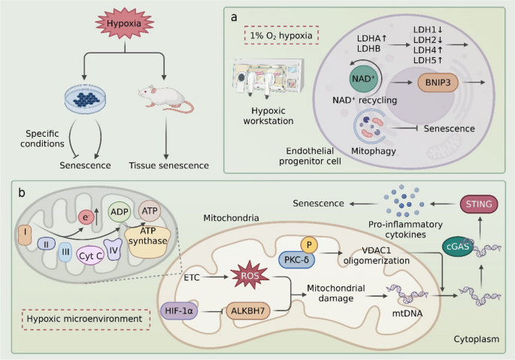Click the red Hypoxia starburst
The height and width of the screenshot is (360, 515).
125,23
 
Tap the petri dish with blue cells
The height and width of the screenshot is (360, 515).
86,98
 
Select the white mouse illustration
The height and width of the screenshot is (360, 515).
166,98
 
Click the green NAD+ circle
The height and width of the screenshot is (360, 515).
363,79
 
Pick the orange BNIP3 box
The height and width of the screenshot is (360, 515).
438,83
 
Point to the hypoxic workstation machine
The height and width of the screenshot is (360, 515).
268,77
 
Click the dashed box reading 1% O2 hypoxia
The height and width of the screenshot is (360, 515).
281,35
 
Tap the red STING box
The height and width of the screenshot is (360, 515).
479,204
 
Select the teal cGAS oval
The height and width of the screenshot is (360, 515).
458,246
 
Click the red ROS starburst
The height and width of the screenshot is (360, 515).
250,275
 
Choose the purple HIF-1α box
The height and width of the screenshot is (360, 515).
179,310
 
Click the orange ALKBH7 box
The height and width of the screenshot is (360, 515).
248,310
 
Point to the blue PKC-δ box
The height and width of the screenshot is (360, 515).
296,260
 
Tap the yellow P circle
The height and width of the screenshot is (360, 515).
309,245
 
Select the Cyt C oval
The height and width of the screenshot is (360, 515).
90,256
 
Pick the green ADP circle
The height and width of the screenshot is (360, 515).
120,212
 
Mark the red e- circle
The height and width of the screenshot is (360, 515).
86,217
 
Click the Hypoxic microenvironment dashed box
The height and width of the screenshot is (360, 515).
86,319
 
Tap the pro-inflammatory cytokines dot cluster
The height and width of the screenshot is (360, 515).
404,201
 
